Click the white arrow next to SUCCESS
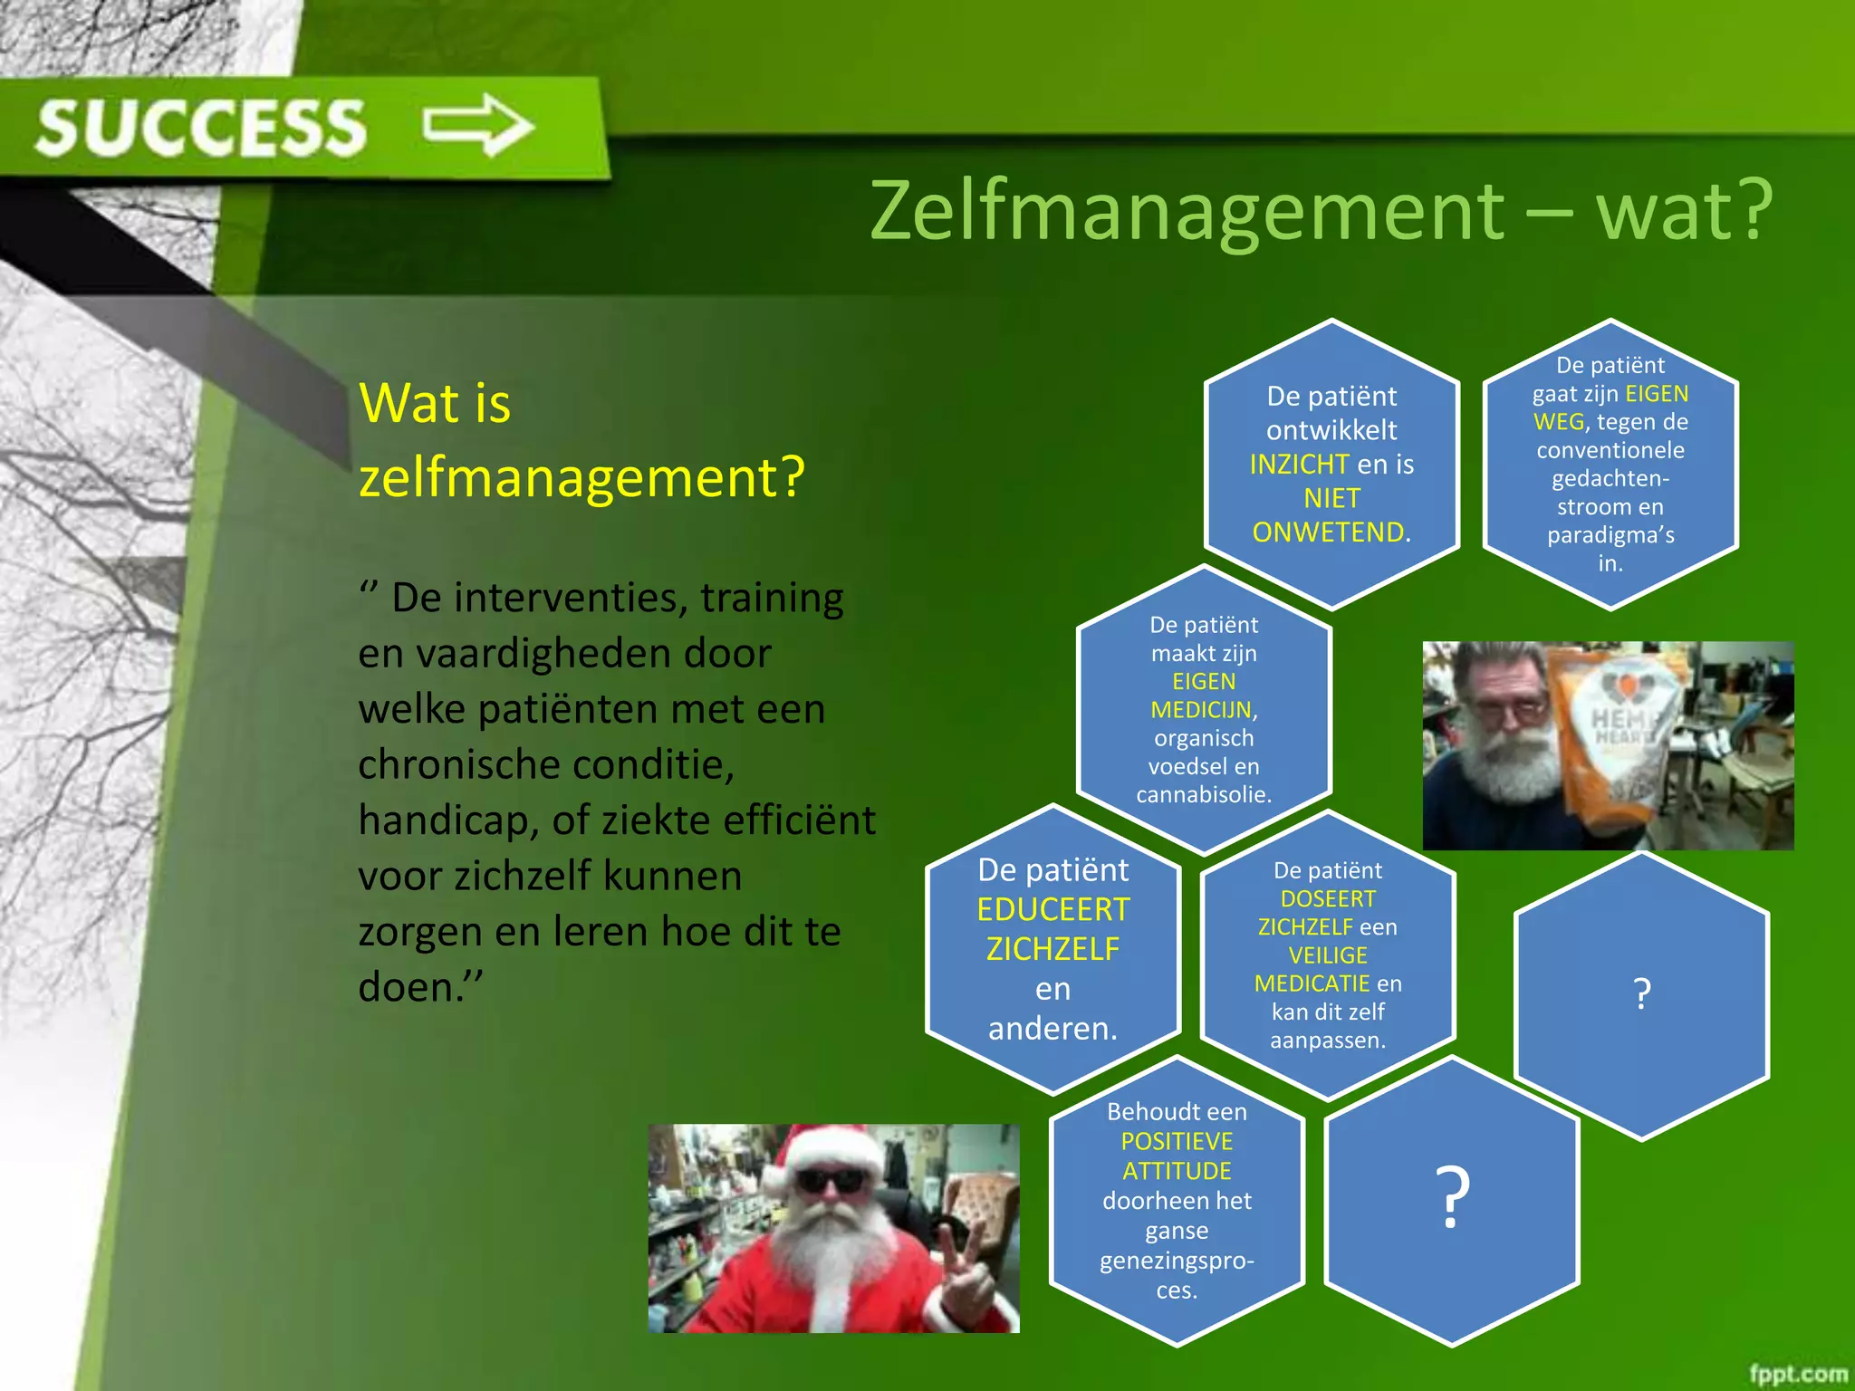point(479,125)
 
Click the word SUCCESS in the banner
point(201,128)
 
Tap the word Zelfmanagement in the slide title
point(1187,212)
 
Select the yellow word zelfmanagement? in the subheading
point(581,477)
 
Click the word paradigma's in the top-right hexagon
point(1610,535)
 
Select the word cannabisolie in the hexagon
point(1203,795)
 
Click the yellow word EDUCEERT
point(1053,909)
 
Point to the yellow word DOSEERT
point(1328,898)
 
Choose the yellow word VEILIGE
point(1328,955)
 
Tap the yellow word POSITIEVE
point(1177,1141)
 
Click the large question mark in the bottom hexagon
point(1452,1197)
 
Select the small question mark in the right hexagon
point(1641,994)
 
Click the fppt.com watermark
point(1797,1373)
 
